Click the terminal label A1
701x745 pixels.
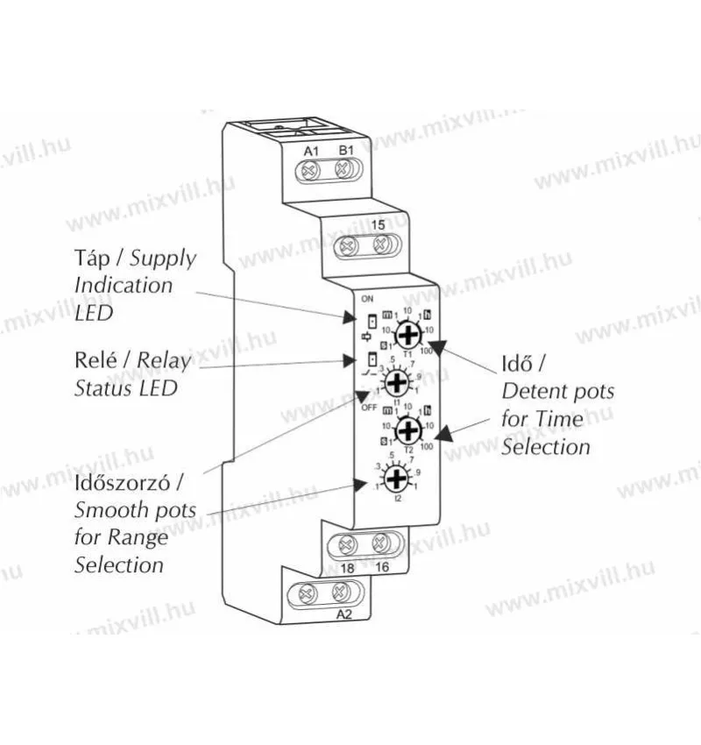[310, 151]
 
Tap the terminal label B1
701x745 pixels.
[345, 151]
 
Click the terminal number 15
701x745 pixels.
[378, 225]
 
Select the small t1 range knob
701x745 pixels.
[397, 381]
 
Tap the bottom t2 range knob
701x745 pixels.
[397, 478]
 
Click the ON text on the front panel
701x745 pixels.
[366, 298]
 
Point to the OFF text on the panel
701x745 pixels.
[368, 408]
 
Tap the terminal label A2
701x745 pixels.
[343, 614]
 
